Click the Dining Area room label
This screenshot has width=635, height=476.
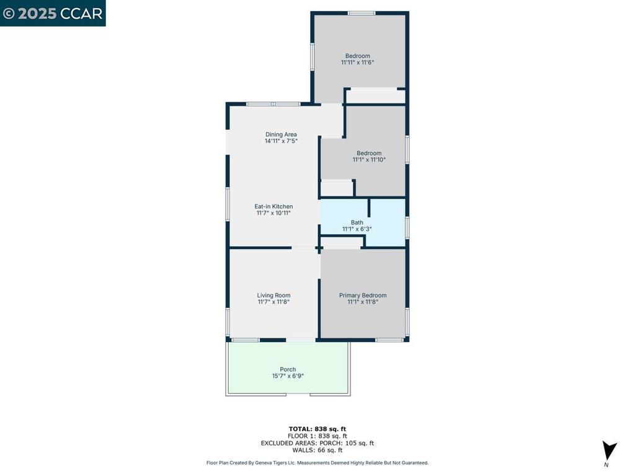click(x=281, y=134)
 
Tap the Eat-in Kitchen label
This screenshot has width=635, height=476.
click(x=273, y=206)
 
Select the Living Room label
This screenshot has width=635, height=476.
click(x=273, y=296)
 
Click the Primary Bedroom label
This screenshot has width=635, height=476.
click(x=363, y=296)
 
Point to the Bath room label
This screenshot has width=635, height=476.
click(x=357, y=223)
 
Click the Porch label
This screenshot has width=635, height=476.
click(x=288, y=369)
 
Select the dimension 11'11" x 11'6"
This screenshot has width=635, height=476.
click(x=357, y=63)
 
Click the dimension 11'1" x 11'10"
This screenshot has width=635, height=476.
click(x=369, y=160)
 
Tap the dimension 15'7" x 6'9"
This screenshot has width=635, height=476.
click(x=288, y=376)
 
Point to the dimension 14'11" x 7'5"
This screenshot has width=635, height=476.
click(x=281, y=141)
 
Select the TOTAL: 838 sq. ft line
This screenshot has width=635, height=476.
click(x=317, y=429)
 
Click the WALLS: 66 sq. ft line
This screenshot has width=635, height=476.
click(x=317, y=450)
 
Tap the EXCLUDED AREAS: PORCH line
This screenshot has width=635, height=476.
click(x=317, y=443)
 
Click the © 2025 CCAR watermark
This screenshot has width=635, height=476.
click(x=53, y=13)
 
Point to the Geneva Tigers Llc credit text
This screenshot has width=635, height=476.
click(x=317, y=463)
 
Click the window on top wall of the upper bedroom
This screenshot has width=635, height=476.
click(x=361, y=13)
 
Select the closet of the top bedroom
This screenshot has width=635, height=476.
click(x=375, y=96)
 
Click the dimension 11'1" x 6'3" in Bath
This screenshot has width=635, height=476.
click(x=357, y=229)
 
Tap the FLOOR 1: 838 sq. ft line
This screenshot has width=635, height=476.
click(x=317, y=436)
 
